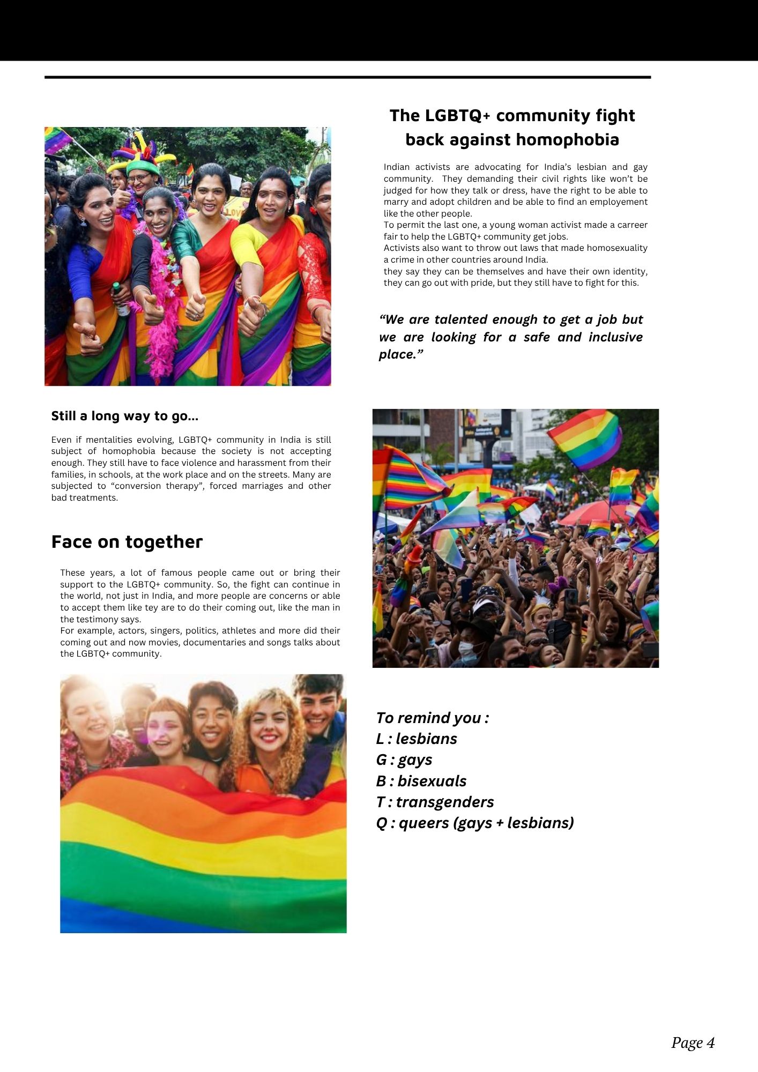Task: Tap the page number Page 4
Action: point(693,1042)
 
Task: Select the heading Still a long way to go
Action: point(124,416)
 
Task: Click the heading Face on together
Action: point(127,542)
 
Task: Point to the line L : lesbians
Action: point(417,739)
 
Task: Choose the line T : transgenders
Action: point(435,802)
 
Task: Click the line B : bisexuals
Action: point(421,781)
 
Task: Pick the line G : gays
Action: point(404,760)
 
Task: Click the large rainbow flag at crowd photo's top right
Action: point(585,440)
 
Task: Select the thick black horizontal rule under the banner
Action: point(347,77)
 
